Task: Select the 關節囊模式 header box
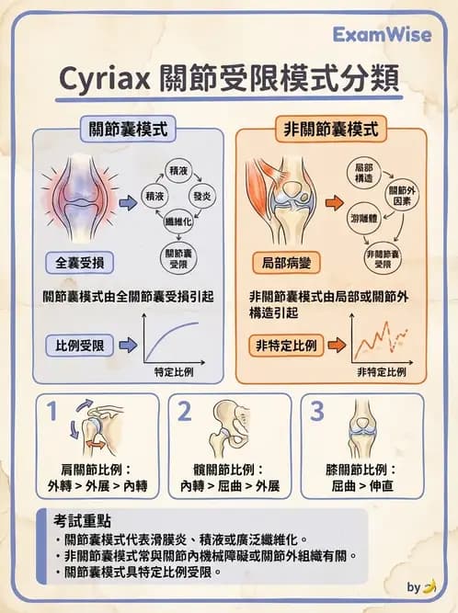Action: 128,130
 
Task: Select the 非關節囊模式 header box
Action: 330,130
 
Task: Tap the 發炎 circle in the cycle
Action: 202,197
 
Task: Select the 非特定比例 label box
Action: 286,346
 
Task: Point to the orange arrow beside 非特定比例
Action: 337,346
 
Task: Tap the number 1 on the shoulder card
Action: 53,410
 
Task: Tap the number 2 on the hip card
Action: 185,410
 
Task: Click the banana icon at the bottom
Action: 427,586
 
